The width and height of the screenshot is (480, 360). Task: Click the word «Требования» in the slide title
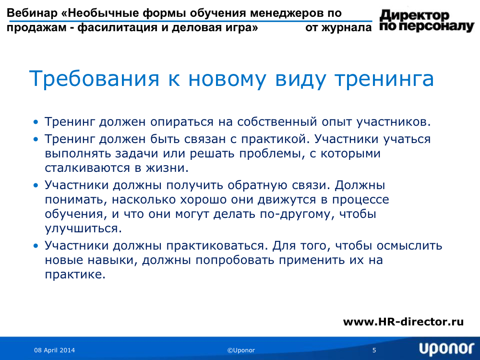94,79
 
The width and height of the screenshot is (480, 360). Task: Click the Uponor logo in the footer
446,349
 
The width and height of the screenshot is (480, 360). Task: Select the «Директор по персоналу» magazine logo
427,21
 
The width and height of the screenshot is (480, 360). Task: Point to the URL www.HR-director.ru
403,322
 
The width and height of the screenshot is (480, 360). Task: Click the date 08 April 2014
55,350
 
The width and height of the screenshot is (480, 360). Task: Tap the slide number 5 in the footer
374,350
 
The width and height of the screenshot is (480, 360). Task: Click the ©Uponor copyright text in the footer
241,350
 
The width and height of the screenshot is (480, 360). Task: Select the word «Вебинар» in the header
32,13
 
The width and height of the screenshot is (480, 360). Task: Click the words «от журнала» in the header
338,27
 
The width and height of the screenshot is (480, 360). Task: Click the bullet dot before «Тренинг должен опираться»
36,122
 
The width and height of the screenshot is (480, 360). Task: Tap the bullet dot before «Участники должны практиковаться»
36,246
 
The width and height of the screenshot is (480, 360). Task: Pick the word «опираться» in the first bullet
181,122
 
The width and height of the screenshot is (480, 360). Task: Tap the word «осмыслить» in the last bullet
409,245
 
